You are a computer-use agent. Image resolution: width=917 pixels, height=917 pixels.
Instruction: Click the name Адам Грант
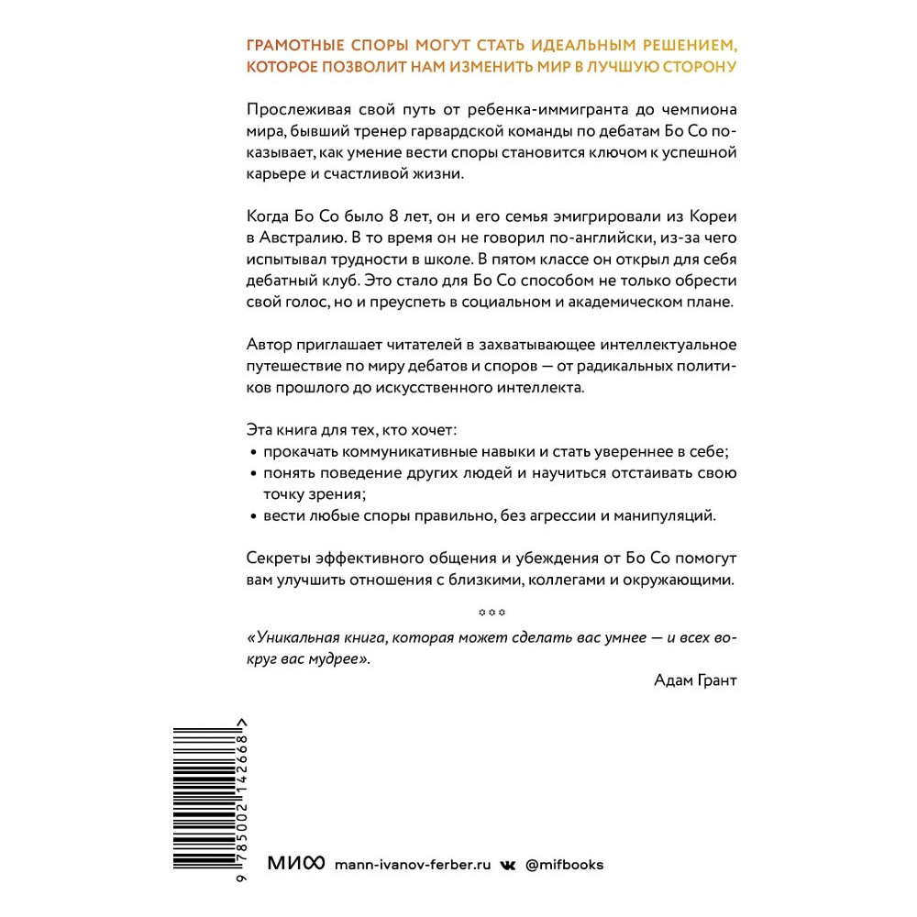click(696, 679)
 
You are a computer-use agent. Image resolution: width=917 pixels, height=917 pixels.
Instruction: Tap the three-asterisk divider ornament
click(492, 613)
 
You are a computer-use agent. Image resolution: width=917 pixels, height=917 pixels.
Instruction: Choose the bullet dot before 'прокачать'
click(253, 452)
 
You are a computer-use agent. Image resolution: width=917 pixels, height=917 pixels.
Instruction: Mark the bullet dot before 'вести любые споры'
click(253, 518)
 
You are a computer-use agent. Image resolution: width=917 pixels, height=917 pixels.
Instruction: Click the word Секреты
click(281, 558)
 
